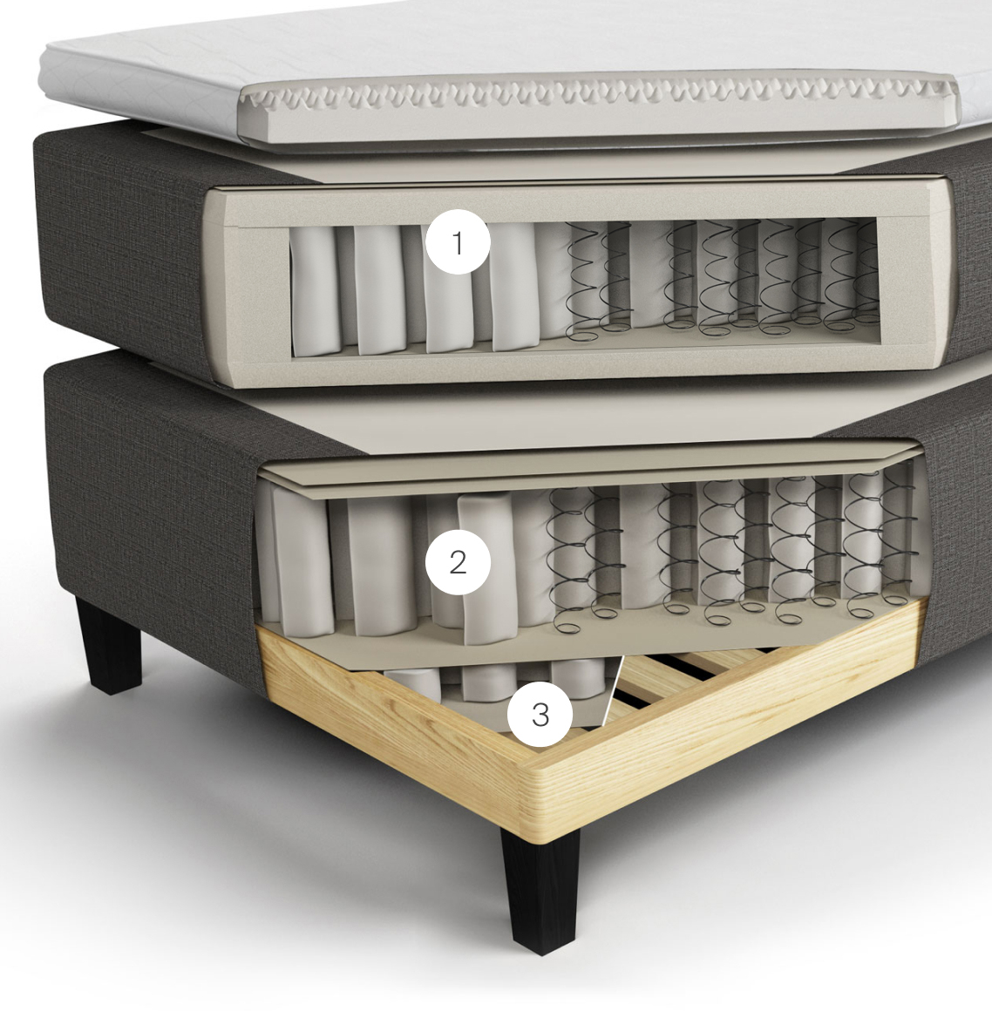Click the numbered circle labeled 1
click(x=458, y=242)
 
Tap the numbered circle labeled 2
click(x=458, y=562)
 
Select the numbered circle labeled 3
click(x=540, y=715)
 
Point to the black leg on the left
click(x=108, y=645)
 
